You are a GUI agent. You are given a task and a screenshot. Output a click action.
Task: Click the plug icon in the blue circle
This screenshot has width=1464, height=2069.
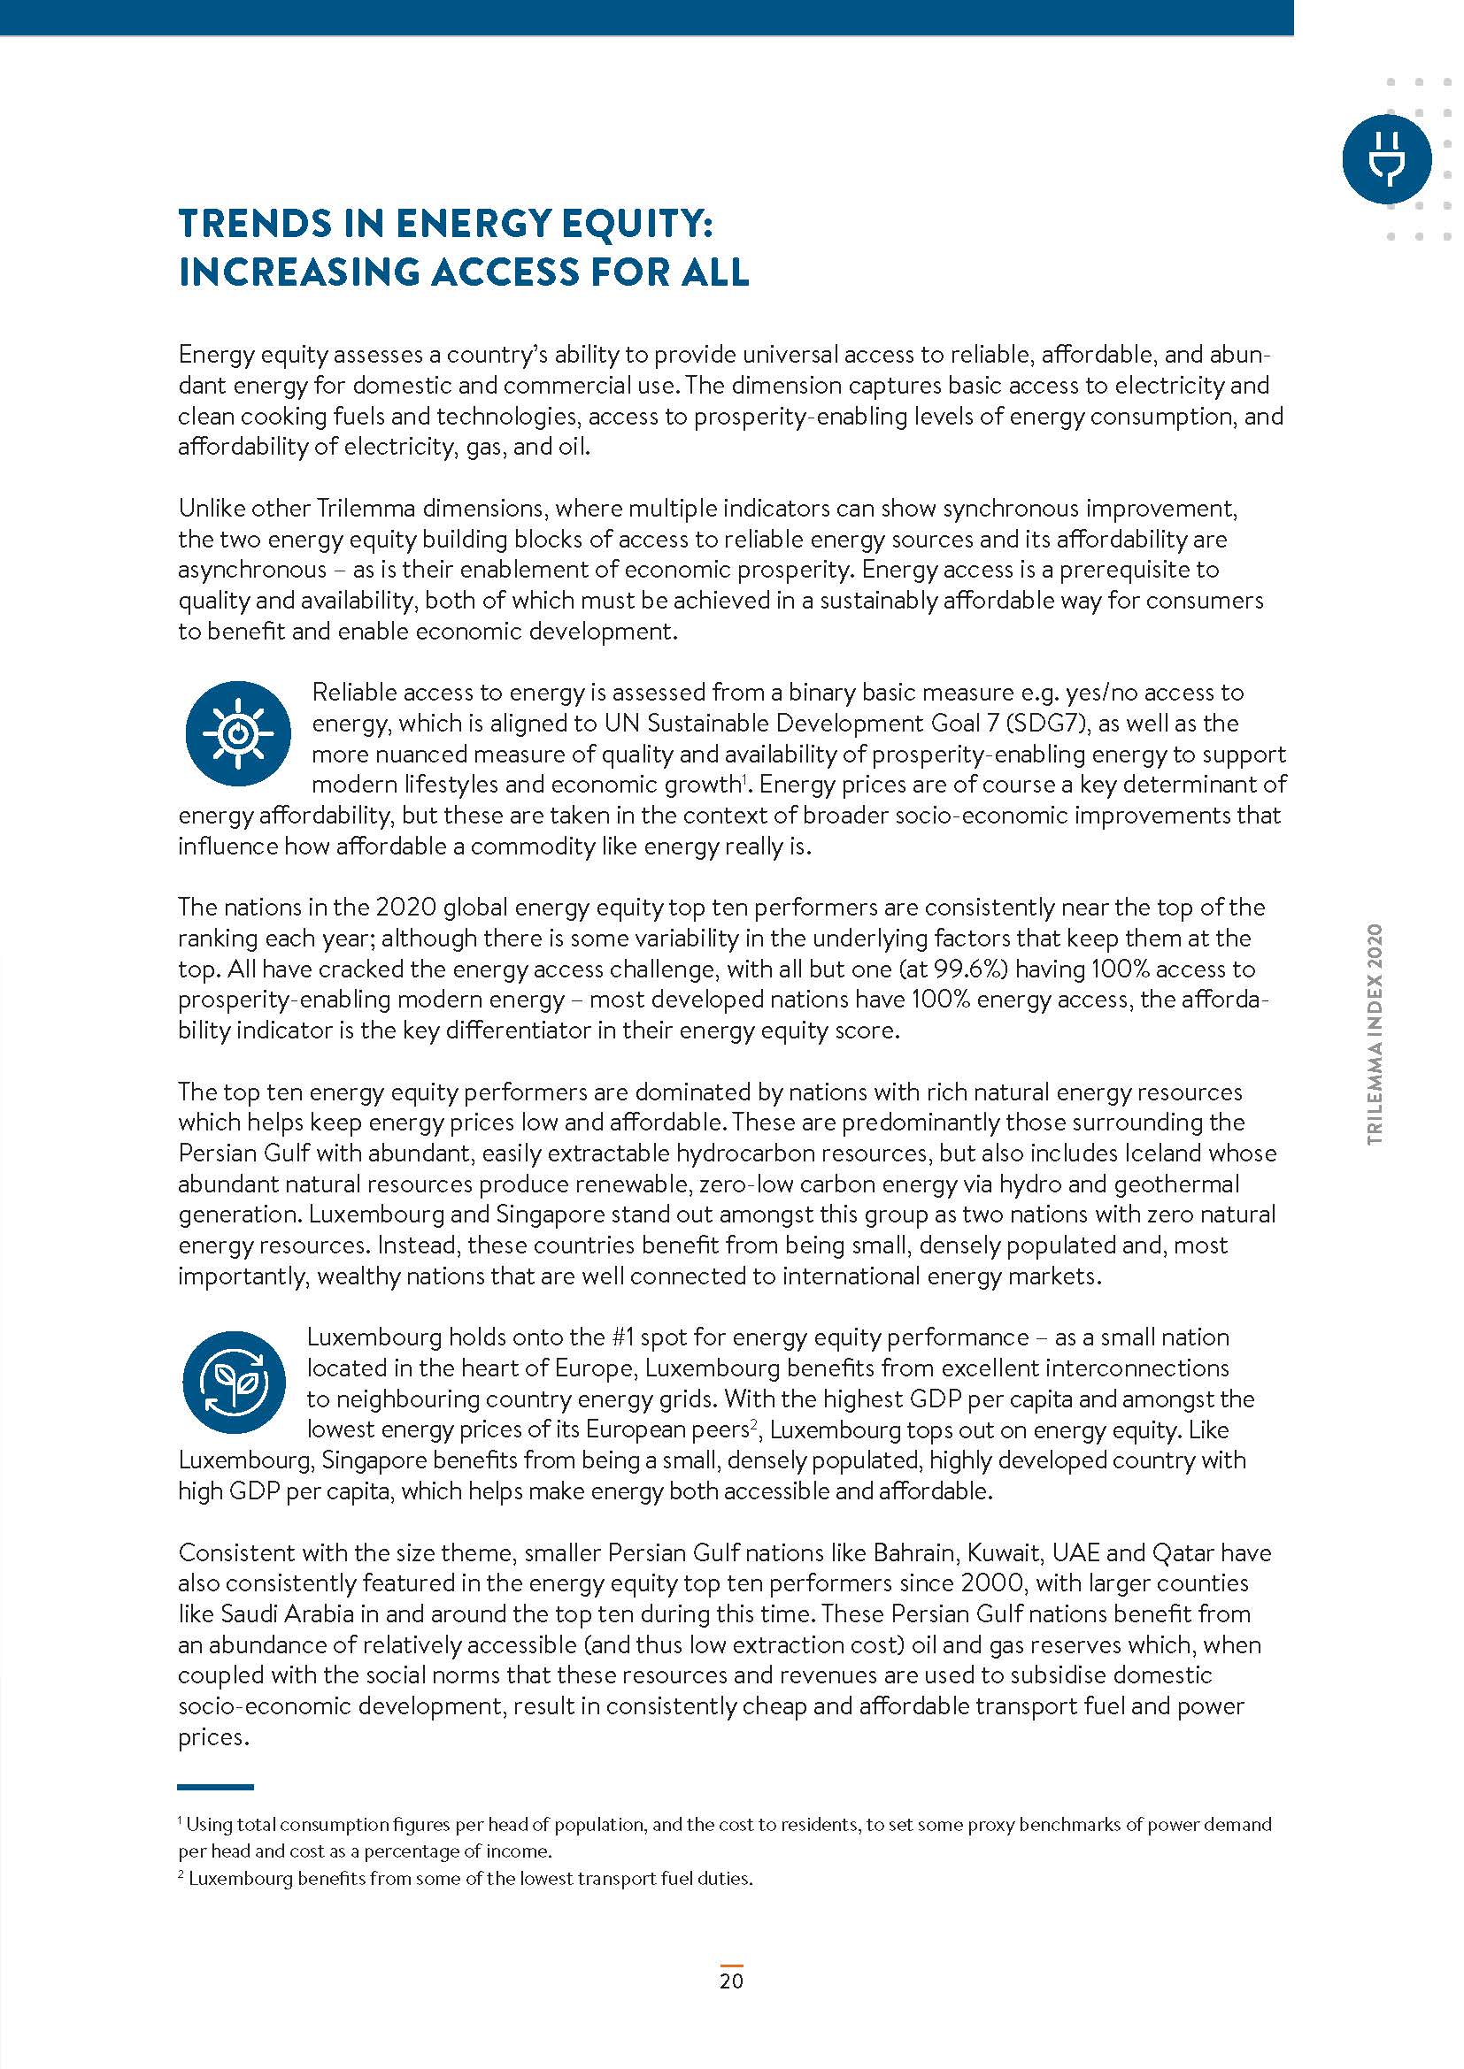click(x=1385, y=158)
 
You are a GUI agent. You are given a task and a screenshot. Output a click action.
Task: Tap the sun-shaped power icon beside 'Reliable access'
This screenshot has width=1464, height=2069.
click(x=238, y=733)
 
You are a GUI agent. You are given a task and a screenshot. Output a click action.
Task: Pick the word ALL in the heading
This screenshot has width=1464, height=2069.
click(x=715, y=272)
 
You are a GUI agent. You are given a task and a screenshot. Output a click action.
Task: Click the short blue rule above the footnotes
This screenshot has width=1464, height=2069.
click(x=215, y=1787)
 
